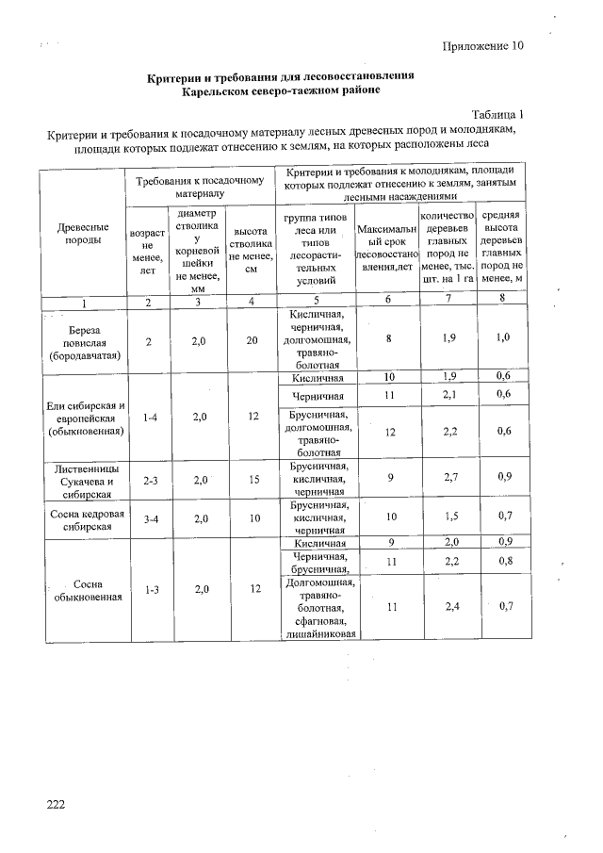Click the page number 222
click(x=57, y=803)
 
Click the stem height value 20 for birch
click(x=251, y=341)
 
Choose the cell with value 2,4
click(x=450, y=606)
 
